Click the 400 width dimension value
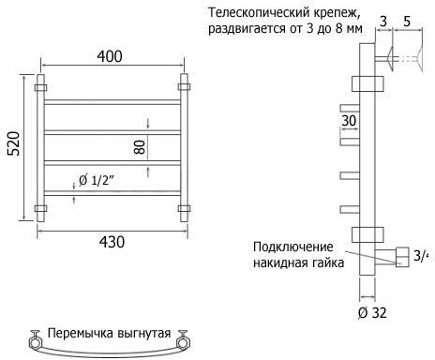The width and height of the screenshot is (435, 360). tap(110, 56)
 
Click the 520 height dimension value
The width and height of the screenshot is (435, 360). tap(13, 143)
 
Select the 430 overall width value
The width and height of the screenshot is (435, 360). tap(112, 242)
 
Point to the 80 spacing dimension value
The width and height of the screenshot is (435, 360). tap(140, 147)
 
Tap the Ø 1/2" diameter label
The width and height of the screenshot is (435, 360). tap(97, 180)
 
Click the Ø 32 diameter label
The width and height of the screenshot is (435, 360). tap(372, 312)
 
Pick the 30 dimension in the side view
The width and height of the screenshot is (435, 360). tap(349, 120)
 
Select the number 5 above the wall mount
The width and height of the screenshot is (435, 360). tap(407, 22)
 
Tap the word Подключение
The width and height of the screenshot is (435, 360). tap(293, 247)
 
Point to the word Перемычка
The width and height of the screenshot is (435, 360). tap(81, 333)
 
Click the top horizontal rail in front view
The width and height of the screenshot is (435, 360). tap(112, 102)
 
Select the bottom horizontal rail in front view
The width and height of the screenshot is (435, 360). tap(112, 193)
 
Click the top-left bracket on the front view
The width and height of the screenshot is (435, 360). tap(40, 87)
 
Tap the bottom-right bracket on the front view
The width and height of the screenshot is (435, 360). tap(184, 208)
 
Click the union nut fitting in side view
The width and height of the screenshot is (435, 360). tap(402, 257)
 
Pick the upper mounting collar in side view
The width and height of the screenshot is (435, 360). tap(367, 83)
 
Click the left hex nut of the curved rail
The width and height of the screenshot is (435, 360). tap(36, 343)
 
